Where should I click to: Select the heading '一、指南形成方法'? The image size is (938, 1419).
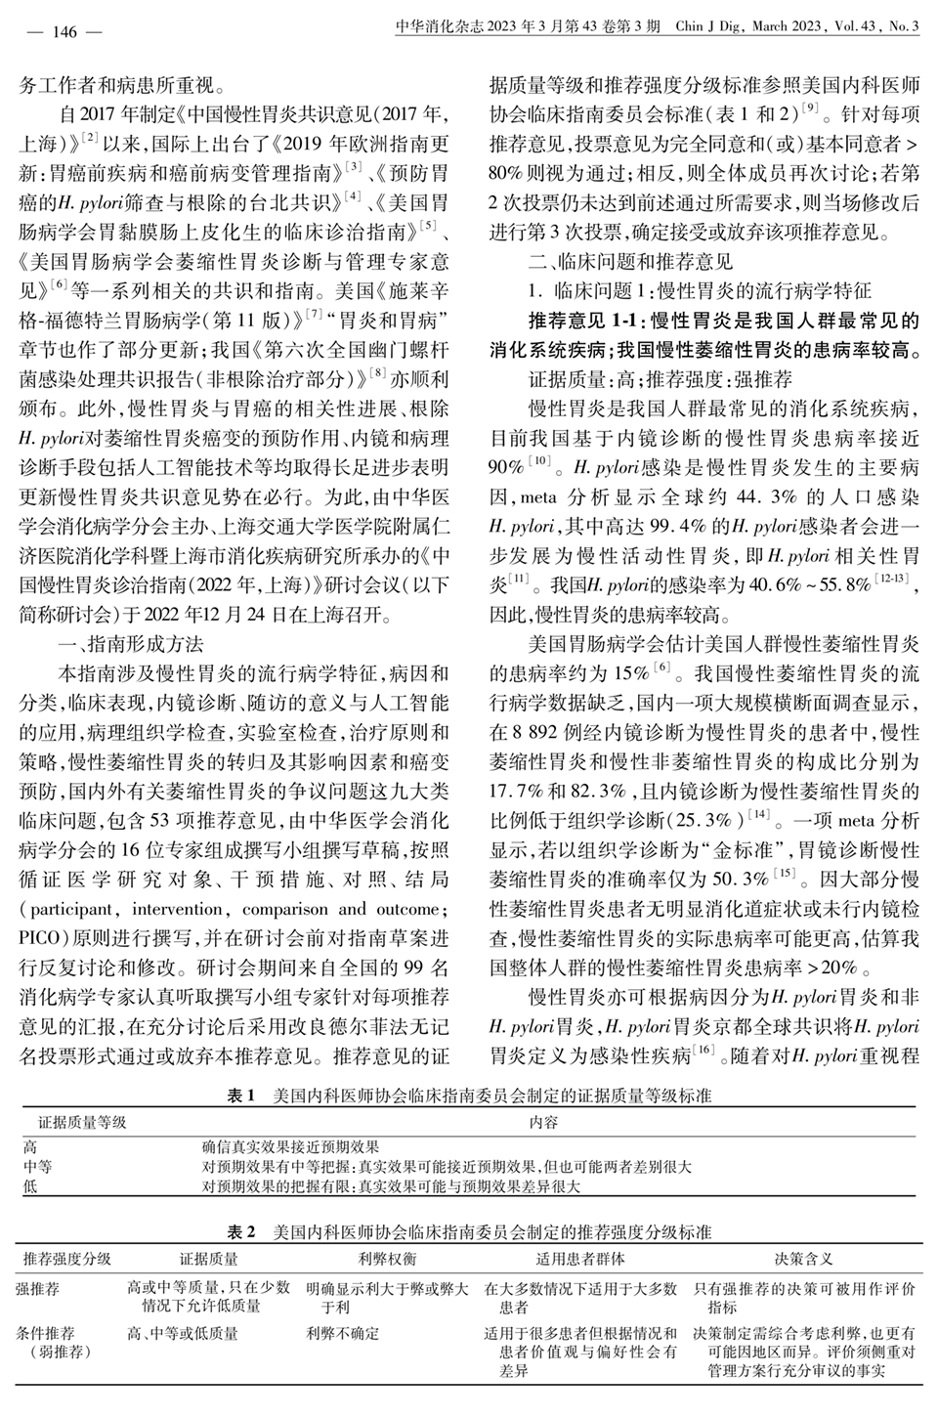pyautogui.click(x=133, y=644)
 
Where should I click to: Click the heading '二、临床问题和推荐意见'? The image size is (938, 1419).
pyautogui.click(x=629, y=262)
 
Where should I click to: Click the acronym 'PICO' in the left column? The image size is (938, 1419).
pyautogui.click(x=40, y=939)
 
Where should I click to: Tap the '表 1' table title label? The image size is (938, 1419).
pyautogui.click(x=240, y=1096)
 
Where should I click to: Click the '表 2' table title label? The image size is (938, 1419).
pyautogui.click(x=240, y=1231)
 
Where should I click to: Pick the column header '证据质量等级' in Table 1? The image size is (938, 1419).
pyautogui.click(x=83, y=1123)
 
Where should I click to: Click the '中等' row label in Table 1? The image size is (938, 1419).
pyautogui.click(x=38, y=1167)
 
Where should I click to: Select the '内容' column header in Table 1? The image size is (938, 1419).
pyautogui.click(x=543, y=1123)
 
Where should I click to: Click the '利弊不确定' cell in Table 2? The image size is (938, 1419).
pyautogui.click(x=342, y=1333)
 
